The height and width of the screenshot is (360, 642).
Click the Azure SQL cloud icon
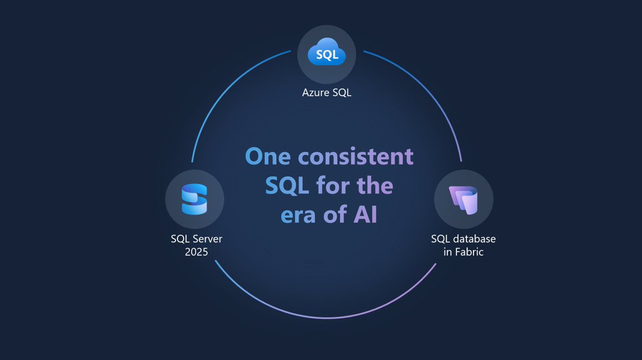coord(326,55)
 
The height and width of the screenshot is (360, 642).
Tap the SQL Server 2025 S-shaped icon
coord(194,199)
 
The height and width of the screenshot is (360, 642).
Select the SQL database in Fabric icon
coord(463,200)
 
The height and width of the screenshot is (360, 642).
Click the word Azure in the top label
coord(314,93)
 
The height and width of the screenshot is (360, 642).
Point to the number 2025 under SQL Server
coord(196,251)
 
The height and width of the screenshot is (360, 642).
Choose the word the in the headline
coord(373,187)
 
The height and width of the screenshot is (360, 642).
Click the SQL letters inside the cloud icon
coord(326,55)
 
